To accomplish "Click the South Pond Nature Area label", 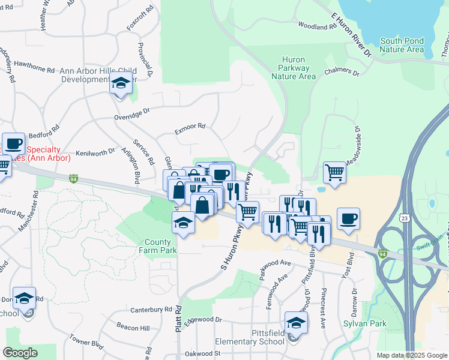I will pyautogui.click(x=402, y=45).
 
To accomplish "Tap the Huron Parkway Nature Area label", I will pyautogui.click(x=294, y=68).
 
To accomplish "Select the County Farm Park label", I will pyautogui.click(x=159, y=246).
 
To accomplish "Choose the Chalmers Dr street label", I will pyautogui.click(x=342, y=73).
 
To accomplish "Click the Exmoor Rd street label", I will pyautogui.click(x=190, y=127).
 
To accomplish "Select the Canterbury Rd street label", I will pyautogui.click(x=151, y=310).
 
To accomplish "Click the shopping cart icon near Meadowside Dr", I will pyautogui.click(x=334, y=173).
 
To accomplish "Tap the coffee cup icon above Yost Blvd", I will pyautogui.click(x=348, y=218).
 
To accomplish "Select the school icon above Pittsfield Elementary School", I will pyautogui.click(x=296, y=323).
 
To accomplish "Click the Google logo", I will pyautogui.click(x=20, y=352).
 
